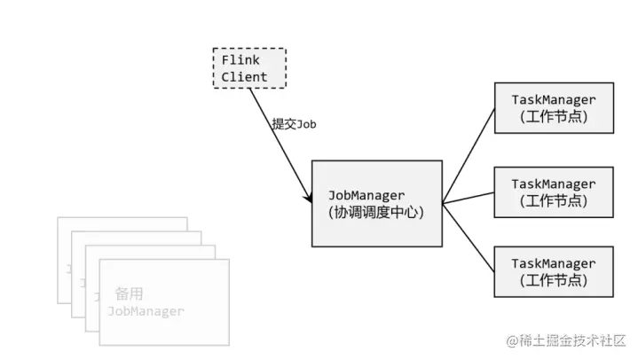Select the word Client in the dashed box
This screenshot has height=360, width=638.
244,78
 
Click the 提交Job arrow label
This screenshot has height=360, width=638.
294,124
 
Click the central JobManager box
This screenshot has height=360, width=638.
376,203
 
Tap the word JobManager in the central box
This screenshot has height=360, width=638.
366,195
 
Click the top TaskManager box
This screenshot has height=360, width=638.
554,107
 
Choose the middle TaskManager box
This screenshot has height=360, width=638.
554,192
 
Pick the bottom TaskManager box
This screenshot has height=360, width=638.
554,271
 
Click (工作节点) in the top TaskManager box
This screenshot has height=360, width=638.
554,116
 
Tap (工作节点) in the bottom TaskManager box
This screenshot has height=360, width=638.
554,280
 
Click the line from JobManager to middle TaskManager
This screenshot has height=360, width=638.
469,198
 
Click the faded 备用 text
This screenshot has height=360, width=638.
129,294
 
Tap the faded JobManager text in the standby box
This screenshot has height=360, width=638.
146,311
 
